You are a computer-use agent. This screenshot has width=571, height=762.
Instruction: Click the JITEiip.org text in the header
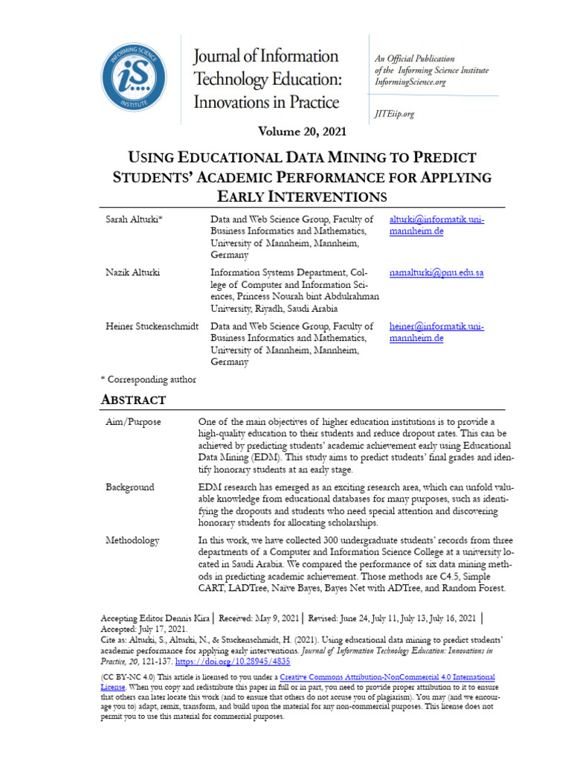pos(394,114)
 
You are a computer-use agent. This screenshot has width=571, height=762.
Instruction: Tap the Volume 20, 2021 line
pos(302,132)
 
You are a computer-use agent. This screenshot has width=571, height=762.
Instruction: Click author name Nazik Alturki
pos(132,272)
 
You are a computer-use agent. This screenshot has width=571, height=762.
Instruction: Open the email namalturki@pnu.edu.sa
pos(436,272)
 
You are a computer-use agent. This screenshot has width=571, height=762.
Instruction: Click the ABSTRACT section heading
pos(133,400)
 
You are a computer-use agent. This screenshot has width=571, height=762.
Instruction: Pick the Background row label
pos(130,487)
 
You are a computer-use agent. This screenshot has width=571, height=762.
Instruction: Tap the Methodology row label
pos(132,541)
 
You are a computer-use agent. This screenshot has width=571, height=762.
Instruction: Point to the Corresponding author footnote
pos(148,380)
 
